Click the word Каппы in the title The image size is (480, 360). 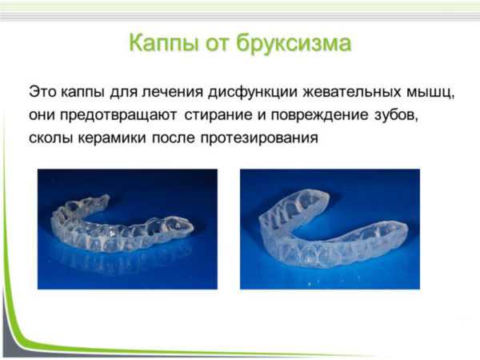pyautogui.click(x=164, y=43)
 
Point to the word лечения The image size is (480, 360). pyautogui.click(x=172, y=91)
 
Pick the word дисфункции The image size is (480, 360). pyautogui.click(x=253, y=92)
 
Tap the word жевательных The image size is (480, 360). pyautogui.click(x=352, y=92)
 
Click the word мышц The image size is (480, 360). pyautogui.click(x=430, y=93)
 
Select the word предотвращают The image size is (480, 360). pyautogui.click(x=118, y=115)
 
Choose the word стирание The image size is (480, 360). pyautogui.click(x=218, y=115)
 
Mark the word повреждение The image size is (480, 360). pyautogui.click(x=319, y=115)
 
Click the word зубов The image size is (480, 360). pyautogui.click(x=396, y=115)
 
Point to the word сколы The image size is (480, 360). pyautogui.click(x=51, y=138)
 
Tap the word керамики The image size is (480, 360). pyautogui.click(x=112, y=138)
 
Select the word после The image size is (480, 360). pyautogui.click(x=174, y=138)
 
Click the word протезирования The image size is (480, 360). pyautogui.click(x=259, y=138)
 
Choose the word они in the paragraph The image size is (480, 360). pyautogui.click(x=42, y=116)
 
